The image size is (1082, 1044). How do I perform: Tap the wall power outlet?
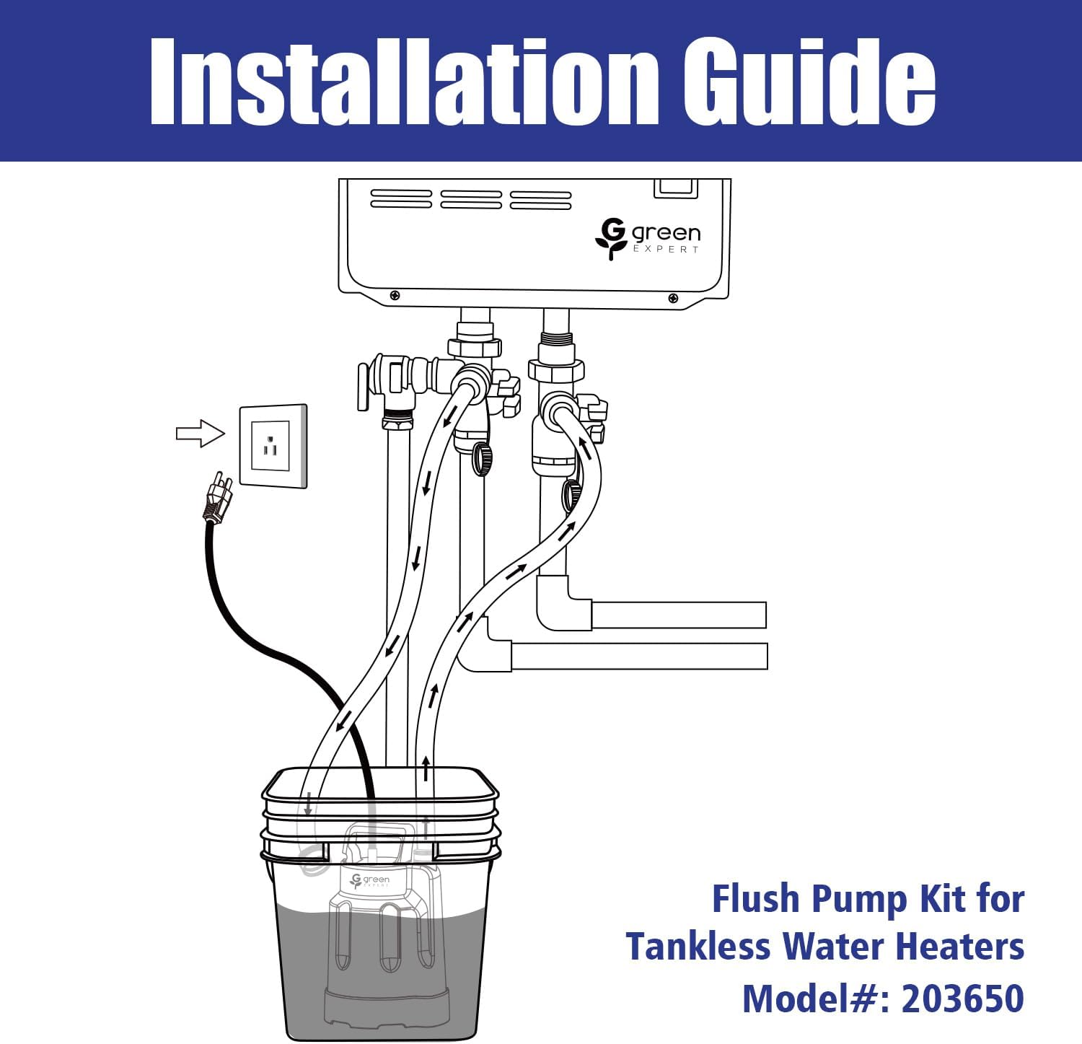click(273, 445)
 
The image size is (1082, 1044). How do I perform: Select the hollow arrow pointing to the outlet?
click(200, 433)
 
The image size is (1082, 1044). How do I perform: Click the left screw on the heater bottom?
click(395, 296)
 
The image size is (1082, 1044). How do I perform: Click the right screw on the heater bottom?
click(673, 298)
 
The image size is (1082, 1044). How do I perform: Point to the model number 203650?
click(962, 999)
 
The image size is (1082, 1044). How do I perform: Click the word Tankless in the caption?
click(698, 947)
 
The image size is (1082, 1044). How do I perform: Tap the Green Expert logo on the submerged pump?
click(369, 881)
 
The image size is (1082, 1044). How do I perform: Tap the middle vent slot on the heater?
click(470, 200)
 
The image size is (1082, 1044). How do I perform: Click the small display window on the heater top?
click(675, 188)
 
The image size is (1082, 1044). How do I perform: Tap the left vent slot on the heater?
click(400, 200)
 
